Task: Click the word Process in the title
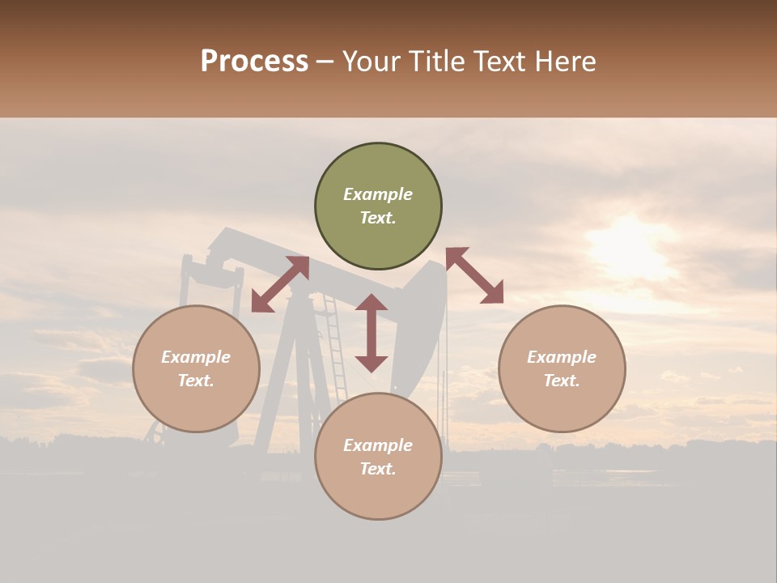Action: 254,62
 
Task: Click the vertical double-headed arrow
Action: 372,333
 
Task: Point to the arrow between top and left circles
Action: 280,283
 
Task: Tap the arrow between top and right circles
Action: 474,275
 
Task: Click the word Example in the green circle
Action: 378,194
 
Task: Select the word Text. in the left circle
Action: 196,381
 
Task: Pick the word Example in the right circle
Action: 562,357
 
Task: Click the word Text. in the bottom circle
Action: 378,469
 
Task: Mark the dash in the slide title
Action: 325,62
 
